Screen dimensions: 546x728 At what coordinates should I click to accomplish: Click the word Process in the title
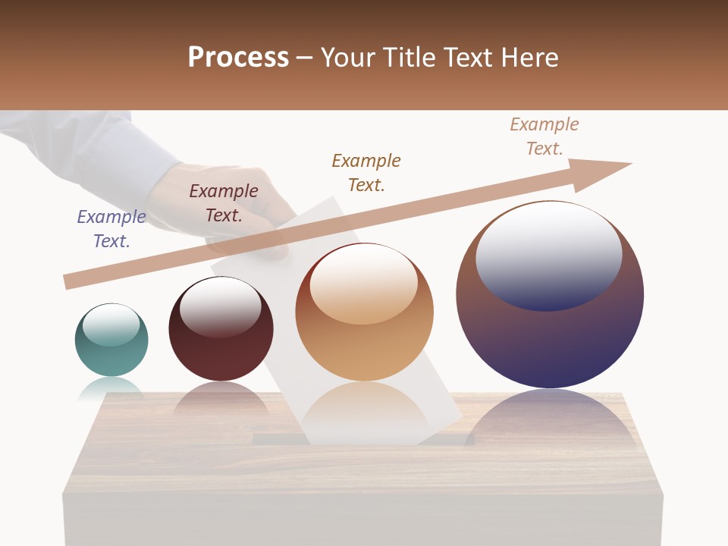[238, 58]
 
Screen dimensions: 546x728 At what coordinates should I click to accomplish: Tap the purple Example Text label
[111, 229]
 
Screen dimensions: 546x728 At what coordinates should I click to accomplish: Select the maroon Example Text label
[224, 203]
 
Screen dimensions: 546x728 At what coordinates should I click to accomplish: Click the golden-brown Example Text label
[366, 172]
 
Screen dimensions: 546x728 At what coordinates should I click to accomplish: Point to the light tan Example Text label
[544, 136]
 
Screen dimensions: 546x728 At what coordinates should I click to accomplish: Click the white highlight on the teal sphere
[111, 325]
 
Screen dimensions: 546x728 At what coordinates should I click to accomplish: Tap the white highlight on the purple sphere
[549, 255]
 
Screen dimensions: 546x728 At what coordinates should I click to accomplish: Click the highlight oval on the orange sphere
[364, 285]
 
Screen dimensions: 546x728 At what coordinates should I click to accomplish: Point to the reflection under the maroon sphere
[221, 400]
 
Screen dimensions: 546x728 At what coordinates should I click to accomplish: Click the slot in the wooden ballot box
[364, 439]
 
